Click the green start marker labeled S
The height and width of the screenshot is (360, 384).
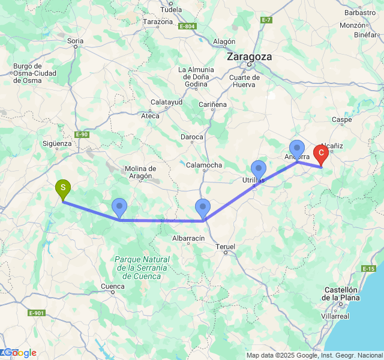point(62,189)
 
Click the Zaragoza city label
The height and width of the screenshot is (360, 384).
point(249,57)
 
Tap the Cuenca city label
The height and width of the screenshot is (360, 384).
point(112,286)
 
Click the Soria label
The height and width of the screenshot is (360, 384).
point(76,42)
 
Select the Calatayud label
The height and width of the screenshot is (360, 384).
point(166,102)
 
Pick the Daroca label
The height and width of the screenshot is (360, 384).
point(192,137)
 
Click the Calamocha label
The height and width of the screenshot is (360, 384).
point(204,165)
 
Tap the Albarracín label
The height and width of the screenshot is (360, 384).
point(189,238)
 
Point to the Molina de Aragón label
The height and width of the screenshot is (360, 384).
point(140,172)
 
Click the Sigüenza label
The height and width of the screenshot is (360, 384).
point(58,143)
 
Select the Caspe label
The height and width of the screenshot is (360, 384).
point(341,119)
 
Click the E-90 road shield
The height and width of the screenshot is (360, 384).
point(82,134)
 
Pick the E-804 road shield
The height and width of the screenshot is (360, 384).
point(187,26)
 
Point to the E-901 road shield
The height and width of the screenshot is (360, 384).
point(37,313)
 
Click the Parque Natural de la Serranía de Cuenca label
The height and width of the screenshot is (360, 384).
point(141,268)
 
